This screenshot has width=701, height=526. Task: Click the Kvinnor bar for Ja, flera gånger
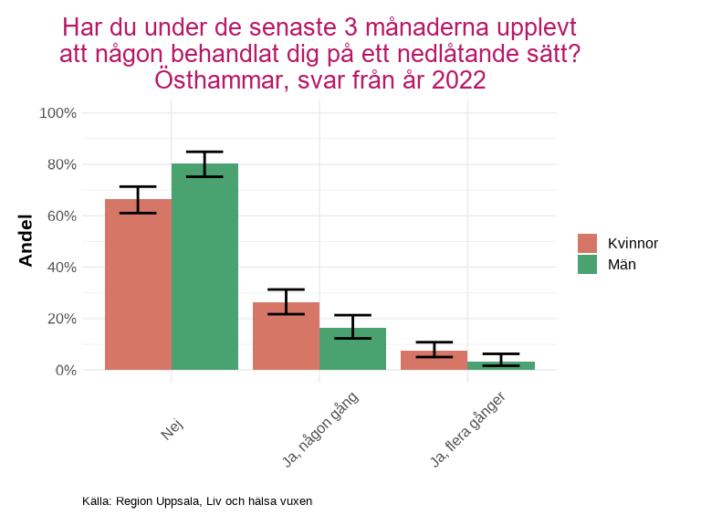tap(434, 361)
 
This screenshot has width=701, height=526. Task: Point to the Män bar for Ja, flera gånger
tap(501, 366)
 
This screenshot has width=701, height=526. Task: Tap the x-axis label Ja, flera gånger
tap(467, 430)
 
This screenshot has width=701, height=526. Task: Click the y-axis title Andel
tap(26, 240)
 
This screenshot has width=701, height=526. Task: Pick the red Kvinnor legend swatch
tap(587, 243)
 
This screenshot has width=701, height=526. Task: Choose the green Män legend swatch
tap(587, 264)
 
